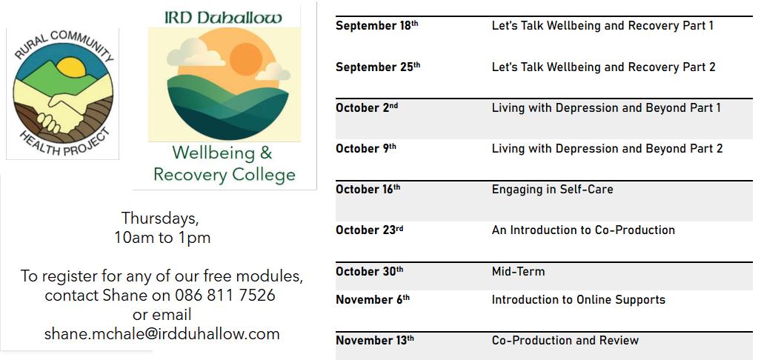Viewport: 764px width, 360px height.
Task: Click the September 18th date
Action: pyautogui.click(x=376, y=25)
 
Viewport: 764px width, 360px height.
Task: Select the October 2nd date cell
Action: pyautogui.click(x=366, y=107)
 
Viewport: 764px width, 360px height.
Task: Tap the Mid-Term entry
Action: pyautogui.click(x=518, y=271)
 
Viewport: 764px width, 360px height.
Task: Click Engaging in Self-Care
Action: pyautogui.click(x=552, y=189)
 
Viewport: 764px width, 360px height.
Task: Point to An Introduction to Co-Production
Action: pyautogui.click(x=583, y=230)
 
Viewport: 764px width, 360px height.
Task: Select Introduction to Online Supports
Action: pyautogui.click(x=578, y=299)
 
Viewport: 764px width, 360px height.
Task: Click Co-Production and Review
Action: pyautogui.click(x=565, y=340)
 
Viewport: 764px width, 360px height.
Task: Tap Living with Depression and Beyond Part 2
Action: pyautogui.click(x=607, y=149)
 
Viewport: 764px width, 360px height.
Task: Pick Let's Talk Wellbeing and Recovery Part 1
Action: pyautogui.click(x=602, y=25)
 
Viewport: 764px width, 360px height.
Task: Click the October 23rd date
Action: pyautogui.click(x=369, y=230)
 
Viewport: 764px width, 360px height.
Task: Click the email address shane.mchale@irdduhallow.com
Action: pyautogui.click(x=162, y=333)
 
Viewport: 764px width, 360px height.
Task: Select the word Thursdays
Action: pyautogui.click(x=160, y=219)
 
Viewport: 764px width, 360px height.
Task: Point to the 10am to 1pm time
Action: pyautogui.click(x=162, y=238)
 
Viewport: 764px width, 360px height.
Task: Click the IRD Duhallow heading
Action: pyautogui.click(x=223, y=18)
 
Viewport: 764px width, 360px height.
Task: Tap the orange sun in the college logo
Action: pyautogui.click(x=246, y=59)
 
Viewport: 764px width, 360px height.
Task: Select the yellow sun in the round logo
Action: pyautogui.click(x=71, y=67)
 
